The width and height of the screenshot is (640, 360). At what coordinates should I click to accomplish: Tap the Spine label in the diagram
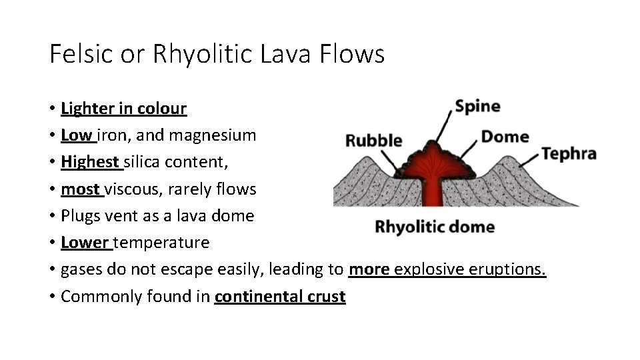477,107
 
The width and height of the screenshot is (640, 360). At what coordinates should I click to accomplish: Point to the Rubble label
373,141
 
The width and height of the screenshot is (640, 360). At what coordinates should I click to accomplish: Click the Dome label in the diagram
505,137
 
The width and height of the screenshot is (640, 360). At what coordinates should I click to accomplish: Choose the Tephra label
568,153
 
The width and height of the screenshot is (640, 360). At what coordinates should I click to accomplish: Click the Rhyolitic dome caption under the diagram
435,227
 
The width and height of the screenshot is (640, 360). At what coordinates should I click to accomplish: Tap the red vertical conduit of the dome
434,191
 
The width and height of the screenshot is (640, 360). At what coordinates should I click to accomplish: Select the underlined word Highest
90,162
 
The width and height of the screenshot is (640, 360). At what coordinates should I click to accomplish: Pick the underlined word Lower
85,242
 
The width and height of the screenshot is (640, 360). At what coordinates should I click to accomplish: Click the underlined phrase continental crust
280,296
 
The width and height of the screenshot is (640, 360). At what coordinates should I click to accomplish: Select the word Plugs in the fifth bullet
79,215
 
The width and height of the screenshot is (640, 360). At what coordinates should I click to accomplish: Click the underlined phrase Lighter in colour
123,108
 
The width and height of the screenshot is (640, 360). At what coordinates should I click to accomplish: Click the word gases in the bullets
79,269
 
